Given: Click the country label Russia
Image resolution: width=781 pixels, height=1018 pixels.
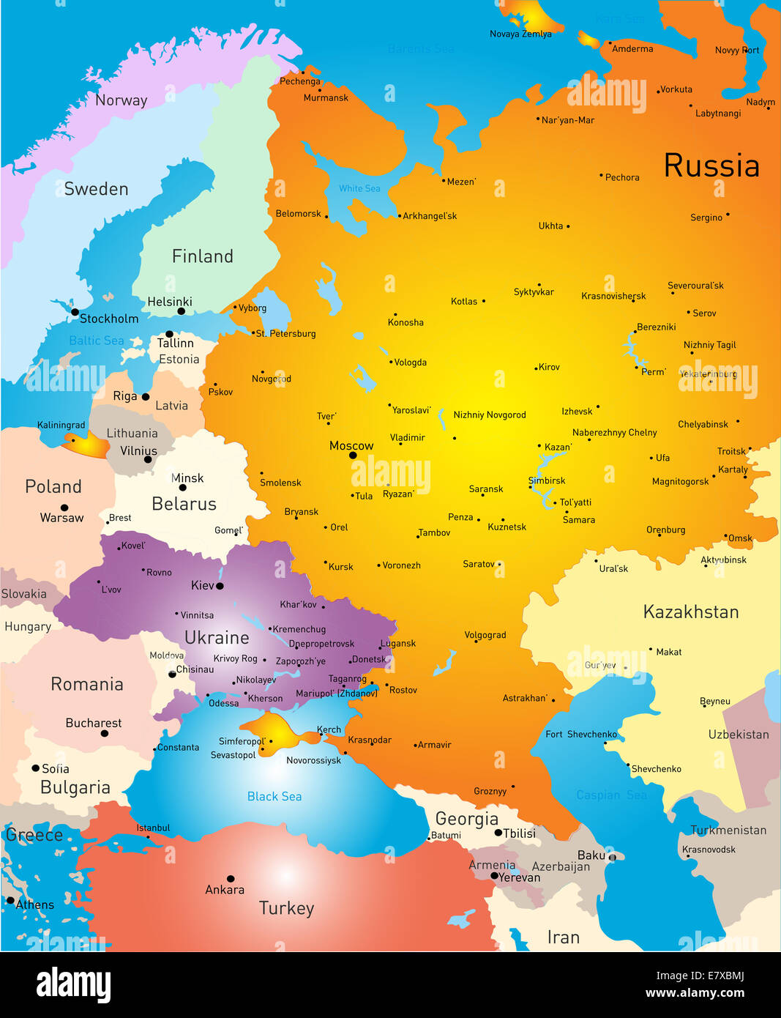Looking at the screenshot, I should click(x=711, y=166).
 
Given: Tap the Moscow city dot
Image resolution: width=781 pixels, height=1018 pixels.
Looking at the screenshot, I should click(x=353, y=456).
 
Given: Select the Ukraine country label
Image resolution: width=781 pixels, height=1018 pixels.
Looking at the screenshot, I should click(x=217, y=637).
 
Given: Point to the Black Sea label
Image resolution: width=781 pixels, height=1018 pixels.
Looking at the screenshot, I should click(x=274, y=796).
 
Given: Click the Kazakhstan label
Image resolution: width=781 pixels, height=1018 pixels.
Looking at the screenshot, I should click(x=690, y=612).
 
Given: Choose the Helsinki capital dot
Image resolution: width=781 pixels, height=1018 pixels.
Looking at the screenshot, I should click(x=182, y=311).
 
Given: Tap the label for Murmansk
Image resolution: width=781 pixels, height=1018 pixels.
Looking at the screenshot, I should click(x=326, y=97).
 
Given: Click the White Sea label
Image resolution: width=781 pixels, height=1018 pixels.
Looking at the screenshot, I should click(x=359, y=188).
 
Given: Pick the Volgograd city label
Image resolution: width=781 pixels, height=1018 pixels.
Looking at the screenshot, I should click(x=485, y=635).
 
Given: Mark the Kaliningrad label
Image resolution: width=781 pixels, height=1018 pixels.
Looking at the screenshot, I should click(x=61, y=425).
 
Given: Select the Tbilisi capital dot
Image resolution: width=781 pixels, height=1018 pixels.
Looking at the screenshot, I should click(x=498, y=833).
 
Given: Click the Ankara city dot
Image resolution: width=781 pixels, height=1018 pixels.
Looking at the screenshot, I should click(x=231, y=879).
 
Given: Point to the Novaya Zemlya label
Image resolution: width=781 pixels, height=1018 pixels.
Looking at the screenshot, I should click(x=520, y=34).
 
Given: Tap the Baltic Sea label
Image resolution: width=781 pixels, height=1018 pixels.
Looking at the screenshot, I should click(x=96, y=341).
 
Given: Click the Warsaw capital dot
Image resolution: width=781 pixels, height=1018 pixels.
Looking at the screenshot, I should click(x=64, y=508).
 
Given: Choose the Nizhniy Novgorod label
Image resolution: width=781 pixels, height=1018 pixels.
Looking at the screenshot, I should click(x=489, y=415).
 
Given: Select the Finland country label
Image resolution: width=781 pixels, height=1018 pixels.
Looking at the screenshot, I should click(x=202, y=256).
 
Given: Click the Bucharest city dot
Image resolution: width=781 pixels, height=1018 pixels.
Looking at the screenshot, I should click(x=105, y=733).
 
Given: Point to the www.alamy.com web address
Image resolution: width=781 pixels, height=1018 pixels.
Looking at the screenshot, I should click(x=695, y=993).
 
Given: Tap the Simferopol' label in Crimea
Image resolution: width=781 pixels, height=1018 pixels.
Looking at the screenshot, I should click(x=242, y=741).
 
